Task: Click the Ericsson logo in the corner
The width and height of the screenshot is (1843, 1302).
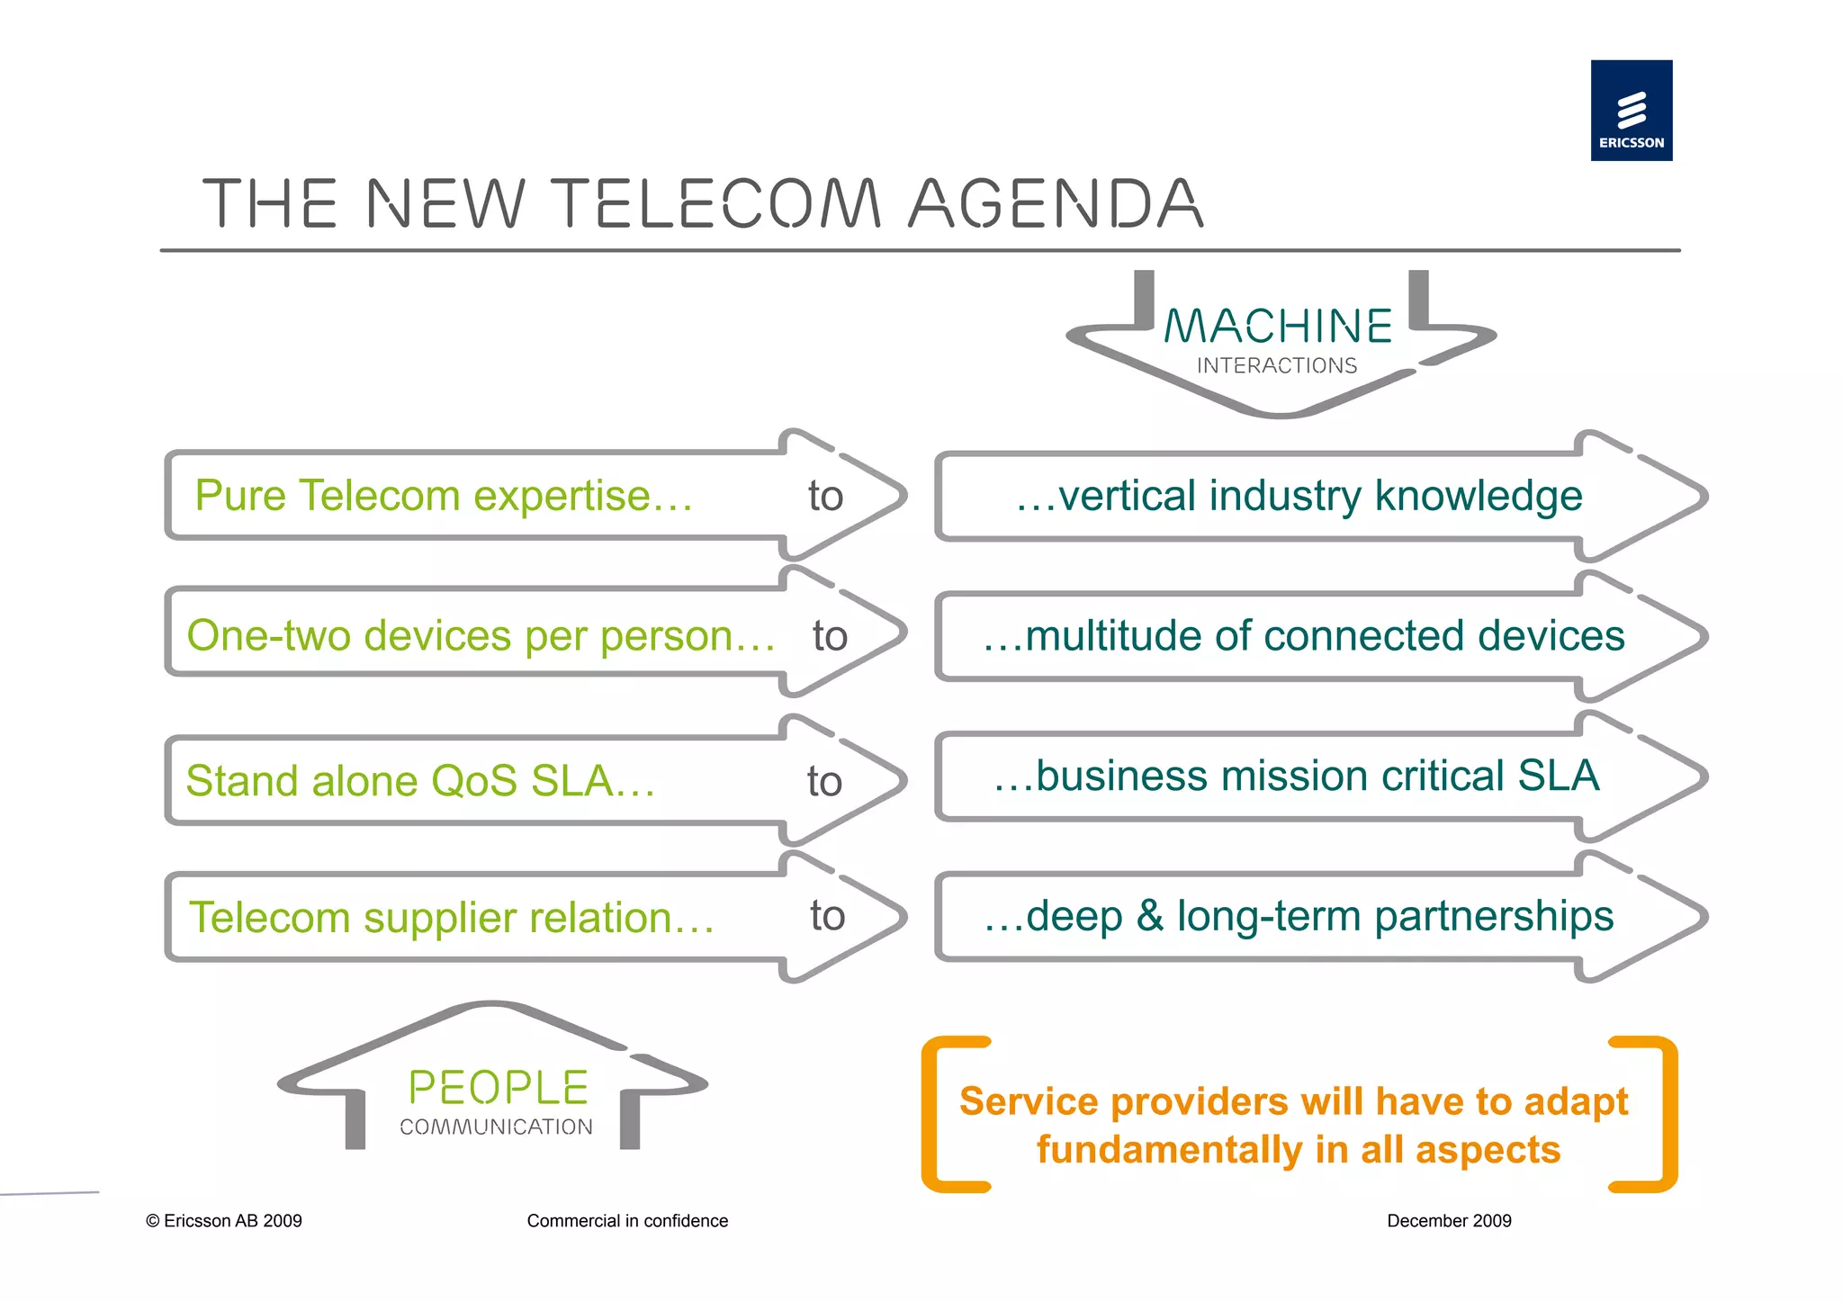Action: [x=1631, y=111]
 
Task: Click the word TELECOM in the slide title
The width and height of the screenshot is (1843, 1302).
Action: [x=715, y=203]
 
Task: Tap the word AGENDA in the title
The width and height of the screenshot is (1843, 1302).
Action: [x=1056, y=203]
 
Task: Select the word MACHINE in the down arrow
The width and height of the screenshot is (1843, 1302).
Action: [x=1278, y=326]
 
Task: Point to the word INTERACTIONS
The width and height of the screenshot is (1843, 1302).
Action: [x=1276, y=365]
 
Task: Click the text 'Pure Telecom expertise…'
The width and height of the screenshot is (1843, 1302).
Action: [x=444, y=496]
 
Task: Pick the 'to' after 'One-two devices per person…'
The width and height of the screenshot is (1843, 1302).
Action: [x=830, y=636]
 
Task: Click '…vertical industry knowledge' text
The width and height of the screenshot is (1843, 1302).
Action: [x=1299, y=496]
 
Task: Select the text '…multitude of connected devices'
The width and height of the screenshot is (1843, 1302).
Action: [x=1303, y=636]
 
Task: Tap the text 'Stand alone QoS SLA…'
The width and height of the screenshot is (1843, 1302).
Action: [x=420, y=780]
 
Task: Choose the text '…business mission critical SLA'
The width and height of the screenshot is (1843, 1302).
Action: [x=1296, y=776]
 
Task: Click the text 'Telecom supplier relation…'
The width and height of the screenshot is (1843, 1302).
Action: [x=452, y=918]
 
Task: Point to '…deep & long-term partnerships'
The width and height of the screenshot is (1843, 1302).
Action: [x=1299, y=916]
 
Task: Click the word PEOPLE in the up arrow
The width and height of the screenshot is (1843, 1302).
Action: [x=499, y=1087]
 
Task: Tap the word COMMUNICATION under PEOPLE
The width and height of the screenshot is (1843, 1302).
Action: [x=496, y=1127]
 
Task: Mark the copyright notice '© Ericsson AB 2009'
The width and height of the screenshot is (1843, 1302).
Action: [x=224, y=1221]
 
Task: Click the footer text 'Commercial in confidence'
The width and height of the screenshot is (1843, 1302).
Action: [x=627, y=1221]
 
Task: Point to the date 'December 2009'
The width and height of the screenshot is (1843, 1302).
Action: [x=1449, y=1221]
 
